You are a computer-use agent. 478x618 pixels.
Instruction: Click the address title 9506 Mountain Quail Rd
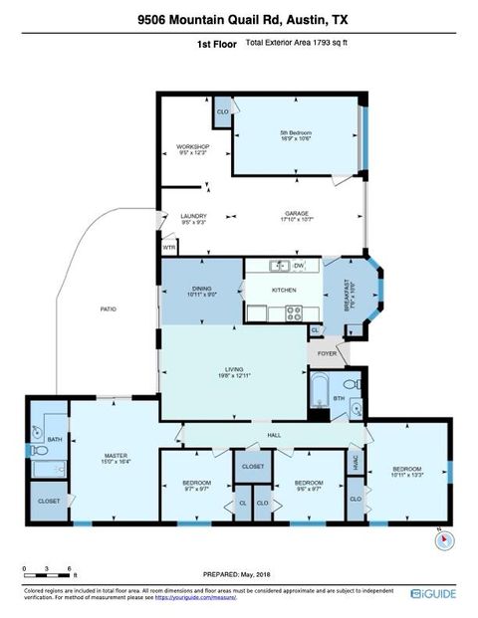[237, 19]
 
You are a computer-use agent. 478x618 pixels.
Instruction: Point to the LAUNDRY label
[193, 217]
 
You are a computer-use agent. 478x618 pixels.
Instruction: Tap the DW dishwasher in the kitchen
[298, 266]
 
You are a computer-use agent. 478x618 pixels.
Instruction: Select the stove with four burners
[294, 312]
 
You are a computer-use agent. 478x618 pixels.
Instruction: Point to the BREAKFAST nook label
[348, 295]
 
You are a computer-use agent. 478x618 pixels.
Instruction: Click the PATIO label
[109, 309]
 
